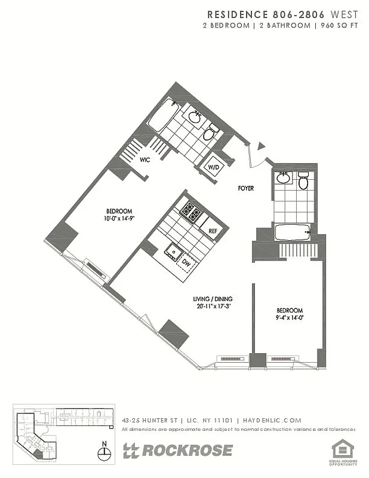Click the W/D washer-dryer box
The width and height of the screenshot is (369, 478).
click(214, 168)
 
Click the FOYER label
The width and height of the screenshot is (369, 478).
click(245, 188)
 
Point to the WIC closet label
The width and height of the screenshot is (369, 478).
click(145, 160)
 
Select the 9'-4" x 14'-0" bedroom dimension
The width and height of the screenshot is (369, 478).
click(290, 318)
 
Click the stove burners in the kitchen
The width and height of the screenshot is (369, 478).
click(190, 212)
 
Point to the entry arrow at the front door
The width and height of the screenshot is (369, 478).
click(260, 146)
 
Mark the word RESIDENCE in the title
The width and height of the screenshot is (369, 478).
click(235, 14)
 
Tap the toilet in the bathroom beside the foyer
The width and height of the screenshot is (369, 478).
click(303, 180)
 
